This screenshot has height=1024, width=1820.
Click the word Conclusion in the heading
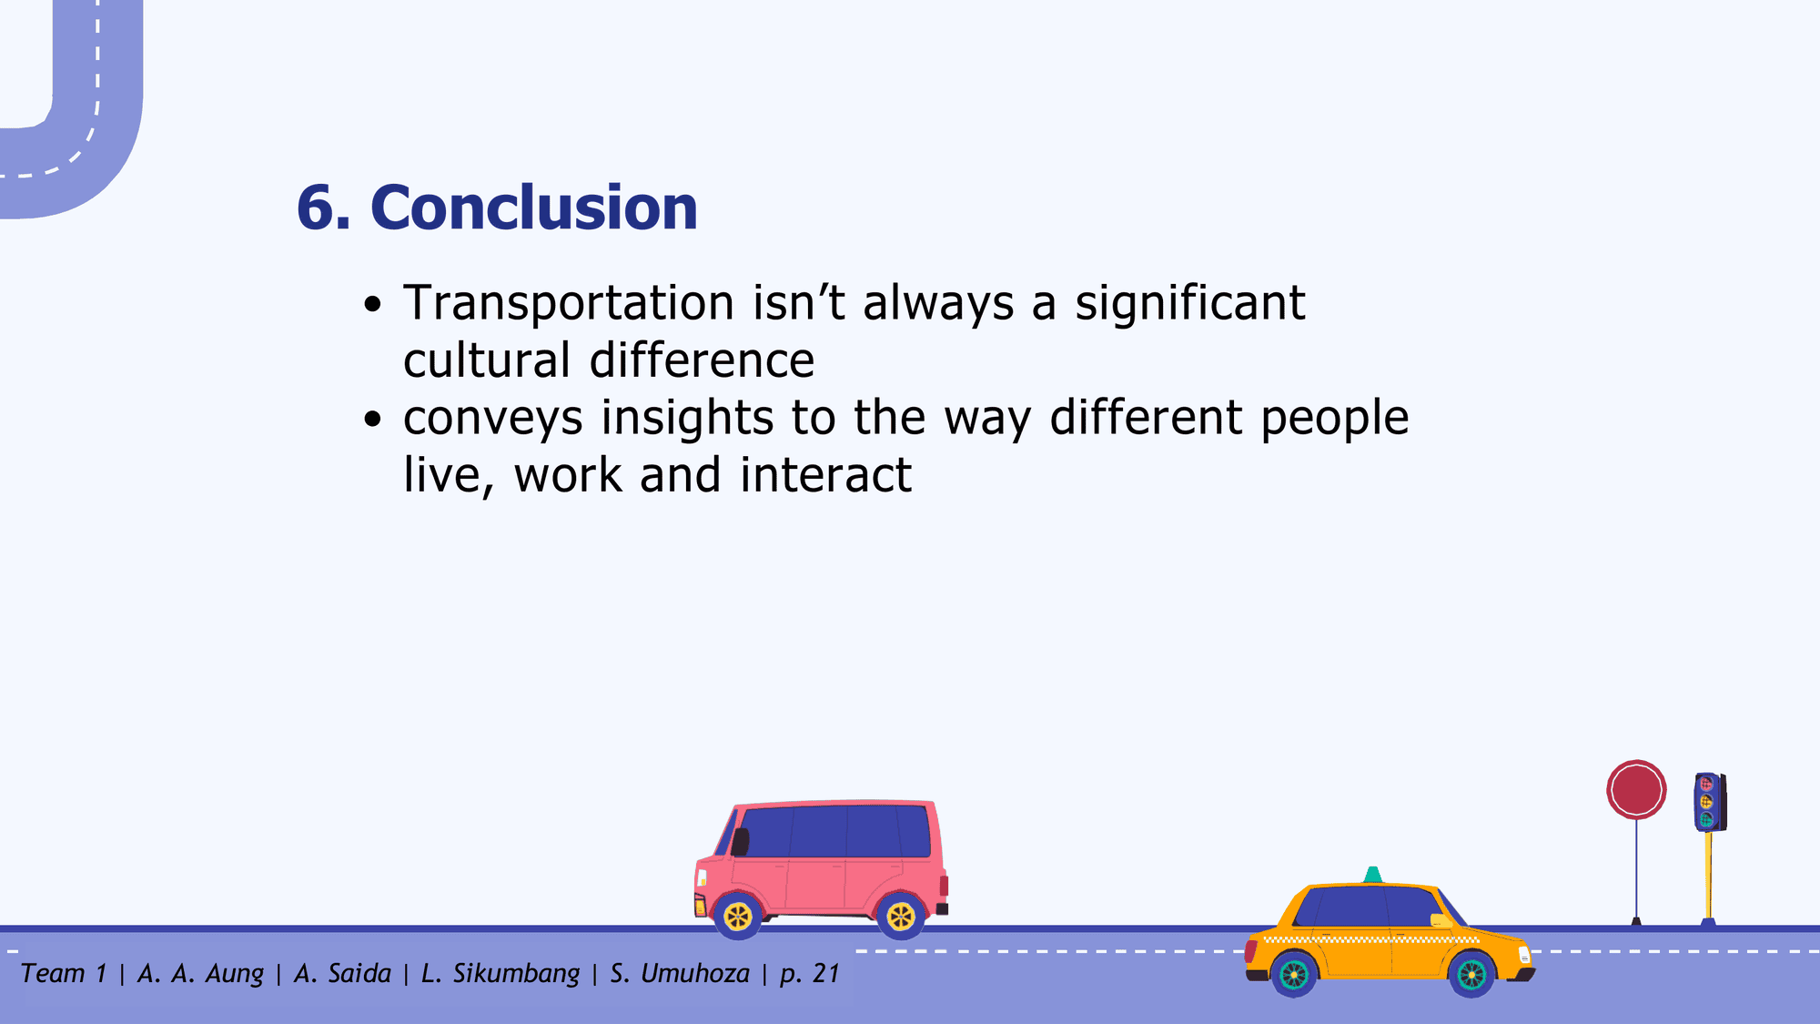click(534, 208)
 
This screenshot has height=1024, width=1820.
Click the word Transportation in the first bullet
click(569, 303)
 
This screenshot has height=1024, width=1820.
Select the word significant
click(1189, 305)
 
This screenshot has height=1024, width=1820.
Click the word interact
click(825, 475)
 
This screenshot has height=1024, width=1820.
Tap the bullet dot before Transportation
click(371, 304)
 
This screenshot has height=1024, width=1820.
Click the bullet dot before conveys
click(371, 419)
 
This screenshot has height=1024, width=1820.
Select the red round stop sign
click(1636, 790)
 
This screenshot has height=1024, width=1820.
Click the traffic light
click(1709, 802)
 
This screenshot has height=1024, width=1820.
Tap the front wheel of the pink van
click(738, 916)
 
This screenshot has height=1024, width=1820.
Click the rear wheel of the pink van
click(901, 916)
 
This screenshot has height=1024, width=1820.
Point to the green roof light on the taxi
click(1372, 875)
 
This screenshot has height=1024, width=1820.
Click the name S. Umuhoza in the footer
click(680, 974)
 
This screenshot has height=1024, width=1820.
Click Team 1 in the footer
click(64, 974)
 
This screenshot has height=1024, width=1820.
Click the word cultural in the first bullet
click(487, 360)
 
